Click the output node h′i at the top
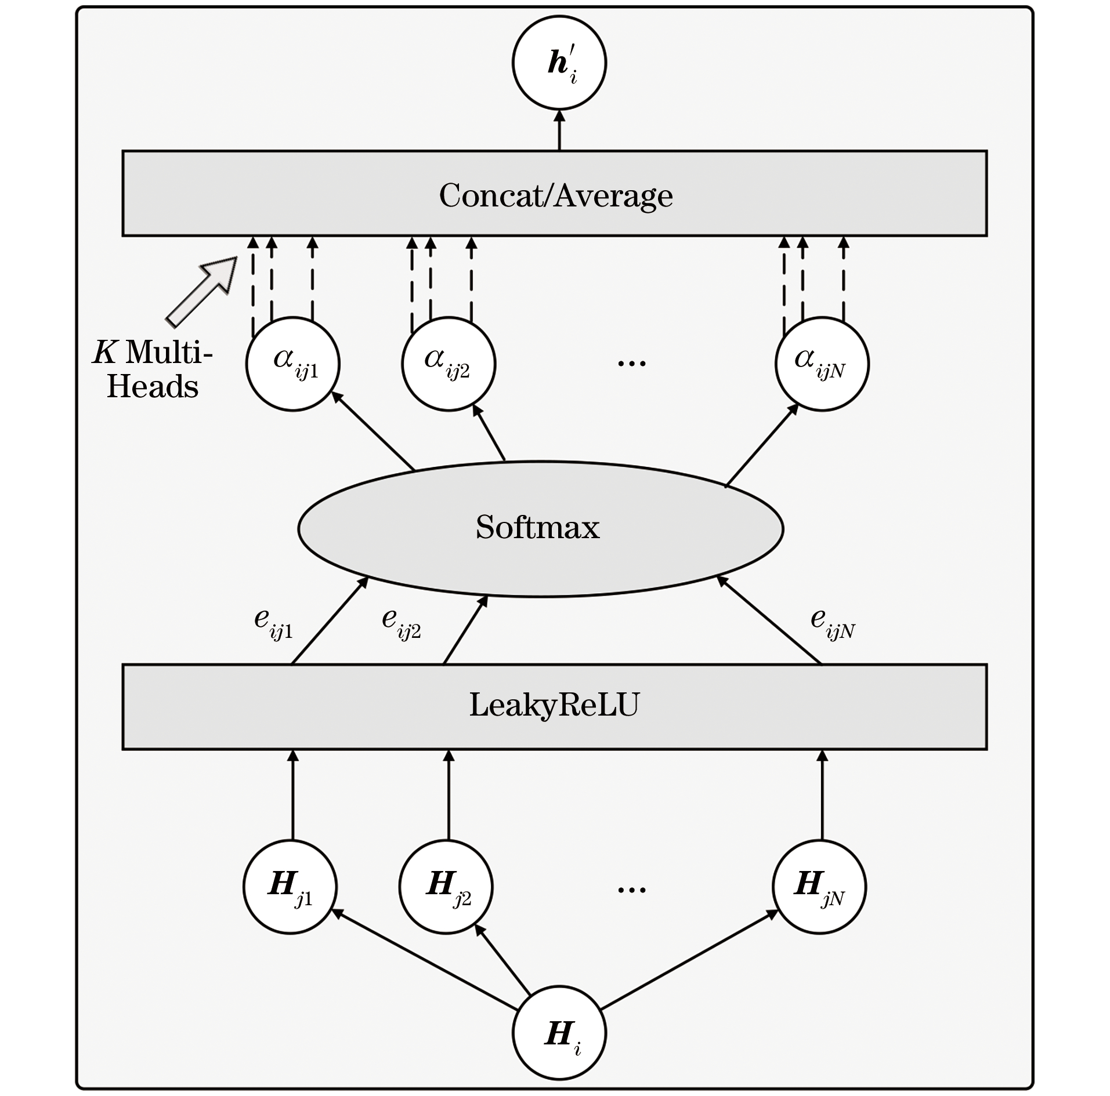pos(559,63)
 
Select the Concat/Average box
pos(554,194)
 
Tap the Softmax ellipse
pos(540,528)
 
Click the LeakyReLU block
pos(554,706)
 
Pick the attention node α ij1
pos(293,364)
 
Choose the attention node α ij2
pos(449,364)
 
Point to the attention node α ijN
pos(822,364)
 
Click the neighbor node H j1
pos(290,887)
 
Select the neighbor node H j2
pos(446,887)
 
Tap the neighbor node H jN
pos(819,887)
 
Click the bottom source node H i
pos(559,1033)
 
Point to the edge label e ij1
pos(273,623)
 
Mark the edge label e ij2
pos(401,623)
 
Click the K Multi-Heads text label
pos(153,369)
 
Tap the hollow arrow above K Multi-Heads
pos(203,290)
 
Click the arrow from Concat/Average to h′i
pos(559,130)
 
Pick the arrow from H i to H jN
pos(688,960)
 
